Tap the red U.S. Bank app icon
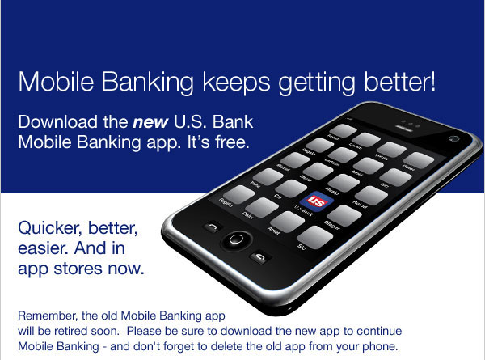(x=312, y=203)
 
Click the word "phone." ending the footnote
(x=381, y=347)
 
